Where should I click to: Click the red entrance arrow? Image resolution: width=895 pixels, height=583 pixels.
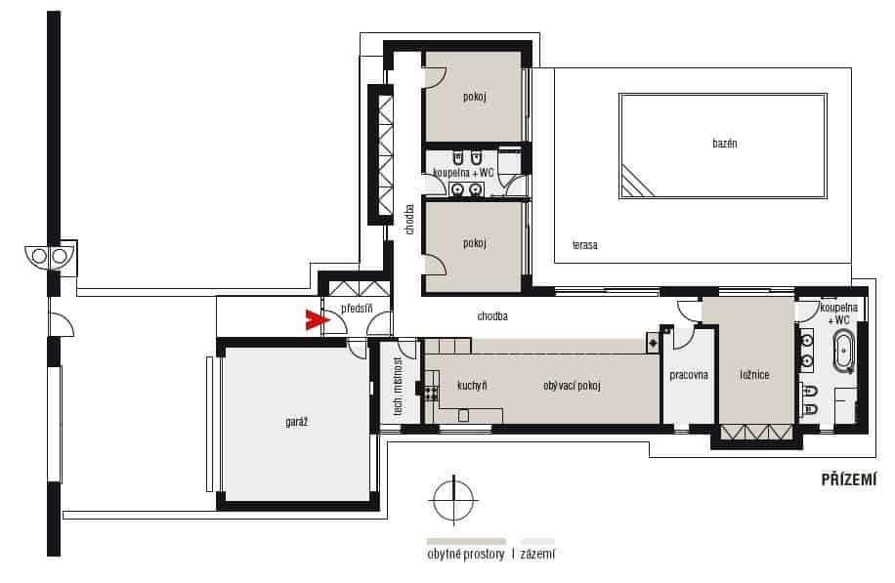click(316, 320)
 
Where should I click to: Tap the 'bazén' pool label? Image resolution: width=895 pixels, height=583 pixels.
click(724, 144)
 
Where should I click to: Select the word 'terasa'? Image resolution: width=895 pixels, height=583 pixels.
click(585, 245)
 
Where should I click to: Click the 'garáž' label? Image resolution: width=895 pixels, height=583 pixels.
click(296, 422)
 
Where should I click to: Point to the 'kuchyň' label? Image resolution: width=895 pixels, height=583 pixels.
click(472, 386)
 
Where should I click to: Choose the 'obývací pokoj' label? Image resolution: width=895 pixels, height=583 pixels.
click(572, 386)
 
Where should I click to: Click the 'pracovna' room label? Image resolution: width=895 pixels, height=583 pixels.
click(689, 375)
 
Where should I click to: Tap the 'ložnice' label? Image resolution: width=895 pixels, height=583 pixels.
click(754, 375)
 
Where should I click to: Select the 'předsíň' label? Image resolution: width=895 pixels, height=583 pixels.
click(357, 309)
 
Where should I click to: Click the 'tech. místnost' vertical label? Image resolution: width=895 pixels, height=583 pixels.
click(398, 386)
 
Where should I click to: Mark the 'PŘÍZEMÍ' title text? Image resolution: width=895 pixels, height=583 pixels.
click(848, 479)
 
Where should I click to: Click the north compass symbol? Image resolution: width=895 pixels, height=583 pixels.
click(453, 500)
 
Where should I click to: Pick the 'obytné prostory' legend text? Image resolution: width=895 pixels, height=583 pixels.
click(466, 554)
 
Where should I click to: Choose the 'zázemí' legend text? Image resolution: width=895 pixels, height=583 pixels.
click(537, 554)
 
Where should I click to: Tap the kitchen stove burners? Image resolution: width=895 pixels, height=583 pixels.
click(430, 393)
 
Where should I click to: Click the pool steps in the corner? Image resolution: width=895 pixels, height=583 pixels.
click(636, 182)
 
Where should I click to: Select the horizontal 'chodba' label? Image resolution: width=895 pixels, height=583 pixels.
click(492, 316)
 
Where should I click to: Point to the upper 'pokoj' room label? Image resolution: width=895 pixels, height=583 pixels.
click(474, 97)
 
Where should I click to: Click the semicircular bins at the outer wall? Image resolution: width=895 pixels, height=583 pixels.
click(50, 256)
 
